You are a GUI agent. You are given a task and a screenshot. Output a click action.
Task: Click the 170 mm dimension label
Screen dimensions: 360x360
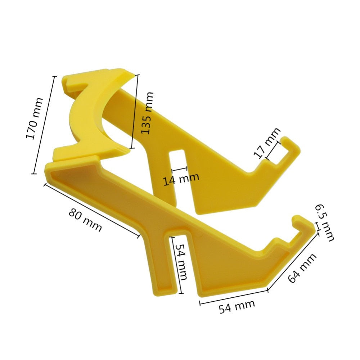[x=35, y=119]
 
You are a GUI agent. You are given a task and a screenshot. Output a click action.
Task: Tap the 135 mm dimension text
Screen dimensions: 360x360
[x=147, y=113]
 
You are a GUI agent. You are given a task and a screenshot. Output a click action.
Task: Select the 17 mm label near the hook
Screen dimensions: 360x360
[x=267, y=143]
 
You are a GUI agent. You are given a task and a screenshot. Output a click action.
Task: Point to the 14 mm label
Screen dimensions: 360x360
[x=181, y=179]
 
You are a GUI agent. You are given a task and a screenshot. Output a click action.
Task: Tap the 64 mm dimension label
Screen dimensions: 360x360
[x=302, y=267]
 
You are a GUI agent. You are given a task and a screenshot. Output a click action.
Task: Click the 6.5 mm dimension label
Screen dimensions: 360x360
[x=325, y=222]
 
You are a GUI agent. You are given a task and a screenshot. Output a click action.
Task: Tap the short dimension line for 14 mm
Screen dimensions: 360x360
[x=180, y=168]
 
